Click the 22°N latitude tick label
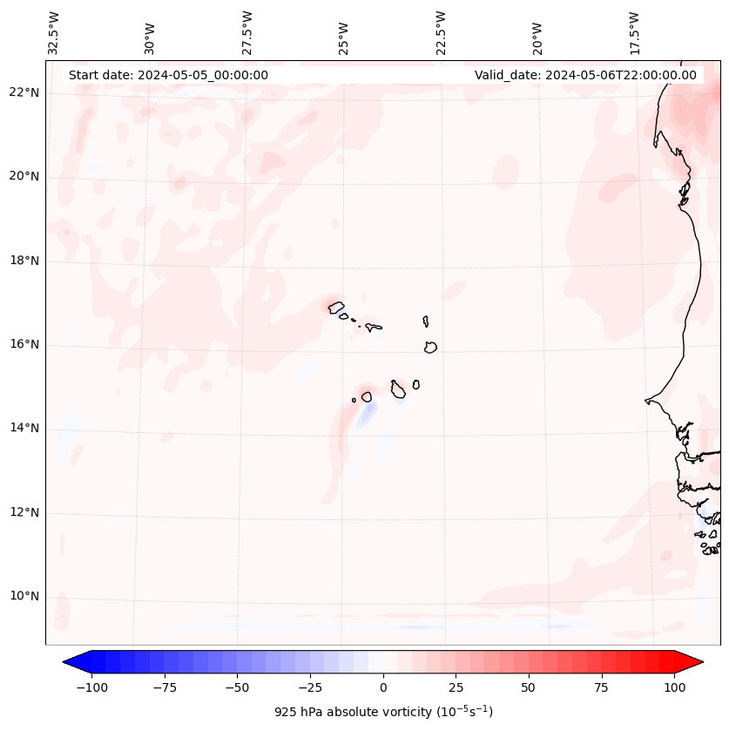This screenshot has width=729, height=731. pyautogui.click(x=24, y=92)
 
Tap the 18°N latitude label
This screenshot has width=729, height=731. pyautogui.click(x=24, y=261)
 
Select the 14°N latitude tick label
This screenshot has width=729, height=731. pyautogui.click(x=24, y=428)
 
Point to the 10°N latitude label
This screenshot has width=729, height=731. pyautogui.click(x=24, y=596)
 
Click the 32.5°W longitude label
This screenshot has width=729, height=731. pyautogui.click(x=54, y=33)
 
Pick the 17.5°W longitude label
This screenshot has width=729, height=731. pyautogui.click(x=634, y=33)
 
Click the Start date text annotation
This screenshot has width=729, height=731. pyautogui.click(x=168, y=75)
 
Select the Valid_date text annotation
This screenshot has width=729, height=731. pyautogui.click(x=585, y=75)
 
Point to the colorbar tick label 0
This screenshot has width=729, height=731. pyautogui.click(x=383, y=688)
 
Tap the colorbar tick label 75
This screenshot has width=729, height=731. pyautogui.click(x=602, y=688)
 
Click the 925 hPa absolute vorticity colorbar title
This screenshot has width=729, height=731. pyautogui.click(x=383, y=712)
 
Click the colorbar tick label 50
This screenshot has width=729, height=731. pyautogui.click(x=529, y=688)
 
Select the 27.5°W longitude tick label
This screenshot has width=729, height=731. pyautogui.click(x=247, y=33)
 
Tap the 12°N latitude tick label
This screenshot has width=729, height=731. pyautogui.click(x=24, y=512)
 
